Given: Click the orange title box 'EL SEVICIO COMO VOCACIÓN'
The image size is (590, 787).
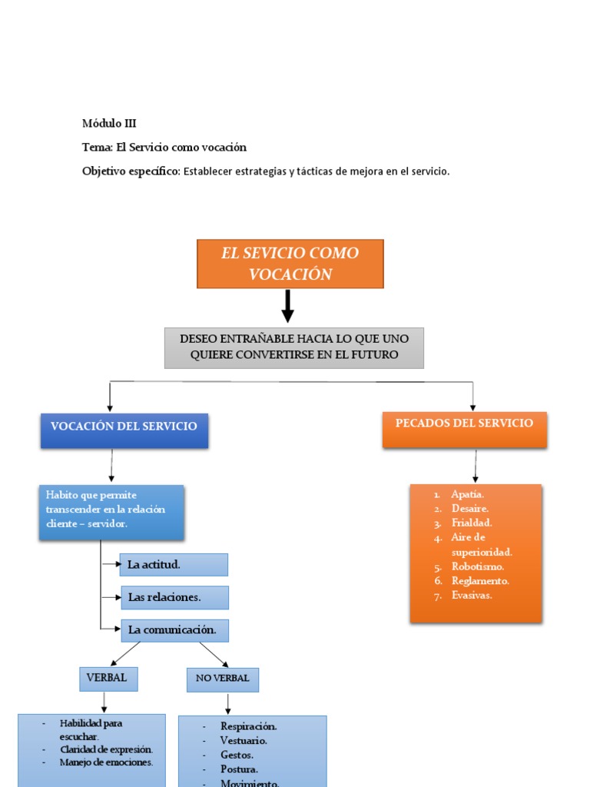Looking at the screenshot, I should pos(290,264).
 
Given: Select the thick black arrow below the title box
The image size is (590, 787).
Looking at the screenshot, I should pos(288,306).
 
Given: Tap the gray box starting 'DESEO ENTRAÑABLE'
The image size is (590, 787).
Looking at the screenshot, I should pos(293,347).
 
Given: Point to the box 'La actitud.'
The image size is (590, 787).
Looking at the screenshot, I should pos(174,565).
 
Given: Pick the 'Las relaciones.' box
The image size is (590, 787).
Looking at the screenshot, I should pos(174,597).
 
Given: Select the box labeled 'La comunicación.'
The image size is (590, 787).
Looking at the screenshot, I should pos(174,630).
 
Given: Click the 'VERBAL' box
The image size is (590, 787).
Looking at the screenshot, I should pos(108,678).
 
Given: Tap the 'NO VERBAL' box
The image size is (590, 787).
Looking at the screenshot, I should pos(222,679).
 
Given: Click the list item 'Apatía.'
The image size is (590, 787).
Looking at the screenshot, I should pos(469,494).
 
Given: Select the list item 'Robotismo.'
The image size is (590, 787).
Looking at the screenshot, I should pos(478,566).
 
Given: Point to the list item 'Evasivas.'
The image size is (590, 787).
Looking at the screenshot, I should pos(472,595).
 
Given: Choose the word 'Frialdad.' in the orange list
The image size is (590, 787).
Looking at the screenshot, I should pos(472,523).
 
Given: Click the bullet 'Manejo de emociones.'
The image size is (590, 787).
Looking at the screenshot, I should pos(106,762).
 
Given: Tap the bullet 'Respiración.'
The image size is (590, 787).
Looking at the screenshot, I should pos(248,726).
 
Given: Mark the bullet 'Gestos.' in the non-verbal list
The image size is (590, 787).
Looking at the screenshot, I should pos(237,755).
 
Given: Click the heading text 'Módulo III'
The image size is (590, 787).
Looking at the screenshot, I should pos(109,123).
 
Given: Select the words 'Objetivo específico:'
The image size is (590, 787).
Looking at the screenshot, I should pos(131,171).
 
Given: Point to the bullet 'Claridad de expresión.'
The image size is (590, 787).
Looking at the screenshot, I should pos(107,749).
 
